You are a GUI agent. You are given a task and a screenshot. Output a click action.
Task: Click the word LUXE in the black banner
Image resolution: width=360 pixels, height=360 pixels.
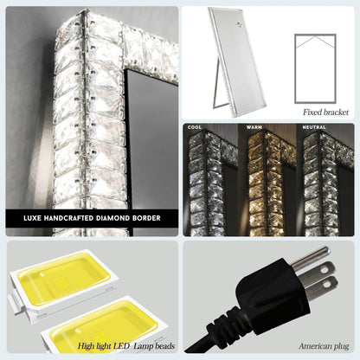coord(32,218)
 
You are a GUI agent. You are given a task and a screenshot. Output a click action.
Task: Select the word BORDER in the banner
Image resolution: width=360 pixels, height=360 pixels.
coord(146,218)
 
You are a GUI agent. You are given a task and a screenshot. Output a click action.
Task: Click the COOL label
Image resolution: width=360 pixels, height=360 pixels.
coord(195,127)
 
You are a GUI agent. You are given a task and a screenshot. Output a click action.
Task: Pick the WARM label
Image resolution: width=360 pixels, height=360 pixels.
coord(254,127)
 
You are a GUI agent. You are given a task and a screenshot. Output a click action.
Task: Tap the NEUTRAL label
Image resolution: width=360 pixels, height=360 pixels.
coord(314,127)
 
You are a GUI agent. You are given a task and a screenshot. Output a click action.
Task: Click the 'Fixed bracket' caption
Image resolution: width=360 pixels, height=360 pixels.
coord(325,112)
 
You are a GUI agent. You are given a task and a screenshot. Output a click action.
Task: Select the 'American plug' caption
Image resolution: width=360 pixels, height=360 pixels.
coord(324,346)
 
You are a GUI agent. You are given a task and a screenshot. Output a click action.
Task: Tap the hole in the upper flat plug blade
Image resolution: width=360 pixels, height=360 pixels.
coord(325,269)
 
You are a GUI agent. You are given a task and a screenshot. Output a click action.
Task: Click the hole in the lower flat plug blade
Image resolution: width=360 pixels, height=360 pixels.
coord(327,284)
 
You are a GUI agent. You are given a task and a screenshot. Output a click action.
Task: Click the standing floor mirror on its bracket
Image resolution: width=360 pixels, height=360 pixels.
coord(237,61)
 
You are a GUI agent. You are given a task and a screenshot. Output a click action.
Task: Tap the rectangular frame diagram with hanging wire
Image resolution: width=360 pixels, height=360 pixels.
coord(315,68)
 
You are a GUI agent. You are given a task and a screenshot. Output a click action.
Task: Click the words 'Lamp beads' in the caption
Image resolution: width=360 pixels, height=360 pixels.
coord(154,345)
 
